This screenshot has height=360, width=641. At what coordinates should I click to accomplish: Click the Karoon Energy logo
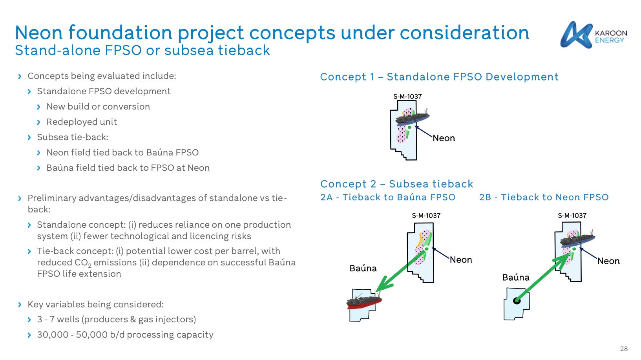[593, 35]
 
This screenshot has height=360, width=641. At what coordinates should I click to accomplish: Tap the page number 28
[624, 349]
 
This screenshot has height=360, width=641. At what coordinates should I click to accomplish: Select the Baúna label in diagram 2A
[363, 269]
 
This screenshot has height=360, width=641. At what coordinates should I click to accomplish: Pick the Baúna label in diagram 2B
[516, 278]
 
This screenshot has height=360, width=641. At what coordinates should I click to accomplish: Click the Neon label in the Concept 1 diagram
[444, 138]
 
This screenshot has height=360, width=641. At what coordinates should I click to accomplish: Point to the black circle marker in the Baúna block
[517, 301]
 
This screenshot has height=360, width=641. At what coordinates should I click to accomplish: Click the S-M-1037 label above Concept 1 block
[407, 97]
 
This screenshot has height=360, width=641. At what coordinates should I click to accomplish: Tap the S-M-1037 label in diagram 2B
[572, 216]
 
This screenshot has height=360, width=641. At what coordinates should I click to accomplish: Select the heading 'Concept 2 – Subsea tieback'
[396, 184]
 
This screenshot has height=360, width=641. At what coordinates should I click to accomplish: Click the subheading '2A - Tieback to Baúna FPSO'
[388, 197]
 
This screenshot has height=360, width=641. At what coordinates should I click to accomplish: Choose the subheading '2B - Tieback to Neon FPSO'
[544, 197]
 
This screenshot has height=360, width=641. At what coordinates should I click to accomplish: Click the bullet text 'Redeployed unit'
[82, 122]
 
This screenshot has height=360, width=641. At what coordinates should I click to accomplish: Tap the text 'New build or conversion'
[98, 107]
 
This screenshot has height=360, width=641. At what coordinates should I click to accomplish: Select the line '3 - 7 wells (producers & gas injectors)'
[116, 320]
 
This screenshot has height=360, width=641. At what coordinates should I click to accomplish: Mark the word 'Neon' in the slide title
[39, 33]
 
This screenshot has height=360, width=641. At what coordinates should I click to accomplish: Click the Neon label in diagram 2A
[461, 260]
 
